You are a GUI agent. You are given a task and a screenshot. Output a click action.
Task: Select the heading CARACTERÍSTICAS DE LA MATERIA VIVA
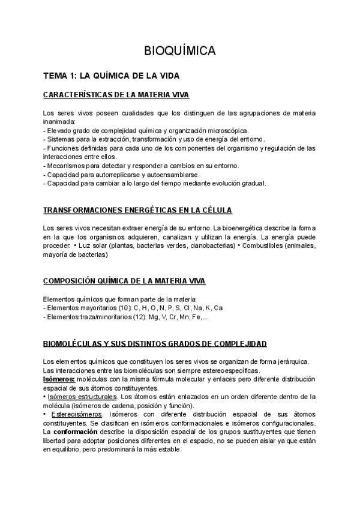pos(116,95)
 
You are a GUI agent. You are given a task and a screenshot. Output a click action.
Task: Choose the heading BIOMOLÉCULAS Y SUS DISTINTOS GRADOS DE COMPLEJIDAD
pos(155,343)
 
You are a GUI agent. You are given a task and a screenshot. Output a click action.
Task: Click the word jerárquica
pos(290,361)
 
